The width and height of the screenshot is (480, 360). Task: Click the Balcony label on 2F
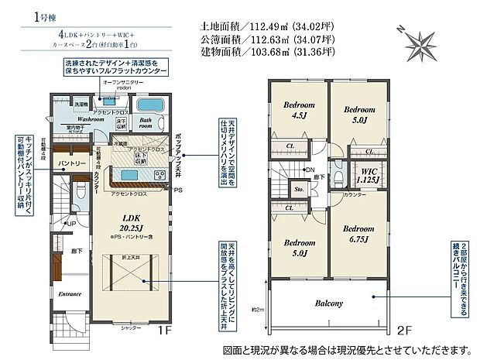[x=328, y=303]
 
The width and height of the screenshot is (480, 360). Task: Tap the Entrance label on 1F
[x=70, y=294]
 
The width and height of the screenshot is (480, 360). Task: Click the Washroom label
[x=90, y=121]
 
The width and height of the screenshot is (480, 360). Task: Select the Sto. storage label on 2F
[x=298, y=187]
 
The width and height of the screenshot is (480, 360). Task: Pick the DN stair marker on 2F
[x=310, y=170]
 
